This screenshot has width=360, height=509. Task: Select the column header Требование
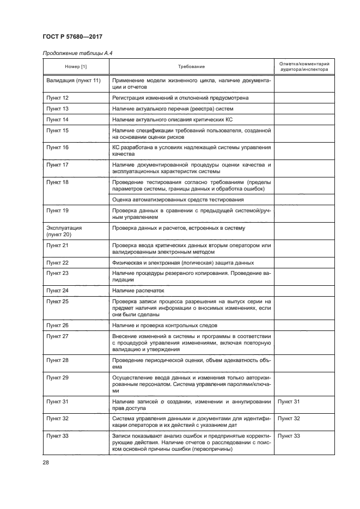191,66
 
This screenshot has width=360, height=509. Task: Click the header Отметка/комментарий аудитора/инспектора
304,66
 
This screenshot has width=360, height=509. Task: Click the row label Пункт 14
57,119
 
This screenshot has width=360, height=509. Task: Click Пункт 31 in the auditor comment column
289,401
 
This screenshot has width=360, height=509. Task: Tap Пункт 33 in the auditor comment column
289,436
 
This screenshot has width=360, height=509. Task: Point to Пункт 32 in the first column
57,419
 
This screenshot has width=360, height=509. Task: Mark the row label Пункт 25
57,301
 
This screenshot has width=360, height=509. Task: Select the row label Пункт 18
57,182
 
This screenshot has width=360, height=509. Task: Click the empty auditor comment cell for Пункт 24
304,291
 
